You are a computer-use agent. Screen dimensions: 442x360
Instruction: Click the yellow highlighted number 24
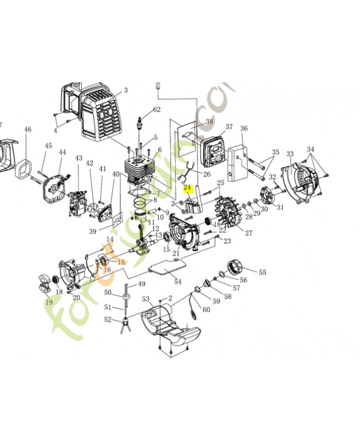pos(187,188)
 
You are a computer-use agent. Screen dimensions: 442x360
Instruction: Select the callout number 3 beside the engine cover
pos(125,90)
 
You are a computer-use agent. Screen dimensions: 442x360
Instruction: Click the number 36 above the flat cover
pos(243,129)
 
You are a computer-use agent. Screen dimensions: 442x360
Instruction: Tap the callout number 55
pos(262,272)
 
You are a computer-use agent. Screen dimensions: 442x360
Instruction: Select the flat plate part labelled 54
pos(166,271)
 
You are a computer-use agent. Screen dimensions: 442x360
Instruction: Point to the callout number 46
pos(28,130)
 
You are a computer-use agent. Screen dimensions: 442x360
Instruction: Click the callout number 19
pos(49,302)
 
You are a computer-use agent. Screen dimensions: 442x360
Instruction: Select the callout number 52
pos(108,319)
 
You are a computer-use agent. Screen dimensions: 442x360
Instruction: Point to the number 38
pos(209,122)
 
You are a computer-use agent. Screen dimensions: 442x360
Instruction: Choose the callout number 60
pos(206,310)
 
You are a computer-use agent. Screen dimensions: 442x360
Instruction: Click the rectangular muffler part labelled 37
pos(213,149)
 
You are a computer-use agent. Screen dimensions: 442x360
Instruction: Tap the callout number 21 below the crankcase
pos(176,254)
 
